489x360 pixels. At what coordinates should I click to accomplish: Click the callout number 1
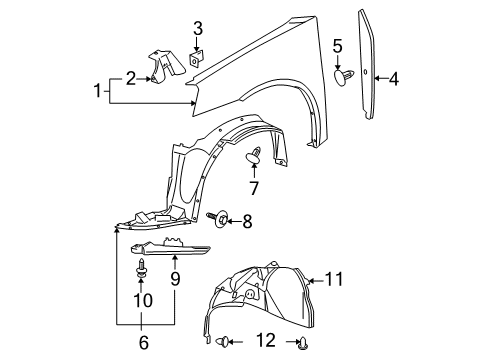(98, 93)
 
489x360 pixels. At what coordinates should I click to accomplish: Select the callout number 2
(130, 78)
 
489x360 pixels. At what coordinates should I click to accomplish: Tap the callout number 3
(198, 28)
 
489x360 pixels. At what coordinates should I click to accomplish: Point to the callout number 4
(394, 78)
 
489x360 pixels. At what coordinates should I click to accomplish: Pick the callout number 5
(337, 45)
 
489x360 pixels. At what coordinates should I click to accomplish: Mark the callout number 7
(254, 188)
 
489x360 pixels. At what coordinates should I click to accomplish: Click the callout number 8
(248, 222)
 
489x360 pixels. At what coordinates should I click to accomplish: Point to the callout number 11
(334, 278)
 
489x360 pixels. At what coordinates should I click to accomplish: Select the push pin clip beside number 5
(344, 75)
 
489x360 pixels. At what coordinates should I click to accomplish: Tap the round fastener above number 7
(254, 155)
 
